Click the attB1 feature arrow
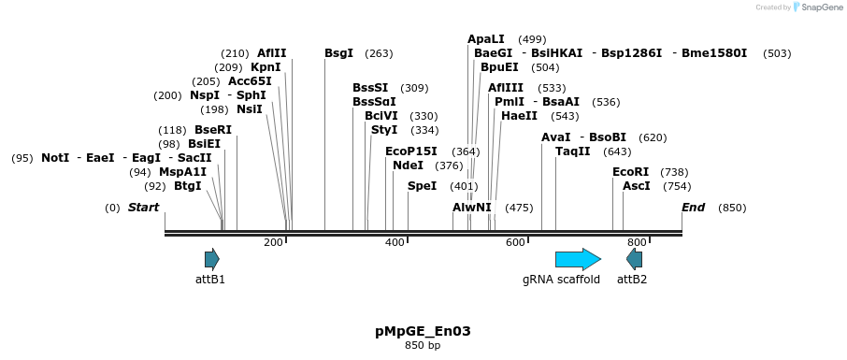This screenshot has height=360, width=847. pos(212,259)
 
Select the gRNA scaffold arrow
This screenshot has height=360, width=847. pos(578,259)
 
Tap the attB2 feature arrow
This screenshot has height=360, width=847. pos(635,259)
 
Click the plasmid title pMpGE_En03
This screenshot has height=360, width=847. pos(423,331)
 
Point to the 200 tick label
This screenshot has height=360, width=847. pos(273,242)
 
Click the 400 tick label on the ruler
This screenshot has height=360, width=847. pos(395,242)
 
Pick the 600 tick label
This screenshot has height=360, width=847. pos(515,242)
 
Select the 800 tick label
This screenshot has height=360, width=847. pos(637,242)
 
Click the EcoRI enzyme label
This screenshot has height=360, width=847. pos(630,172)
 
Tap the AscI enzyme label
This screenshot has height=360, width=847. pos(637,186)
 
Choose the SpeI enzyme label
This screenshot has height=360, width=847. pos(422,186)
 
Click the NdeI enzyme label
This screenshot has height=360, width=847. pos(408,166)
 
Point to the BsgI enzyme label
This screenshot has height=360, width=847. pos(338,53)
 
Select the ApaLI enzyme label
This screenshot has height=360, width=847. pos(486,39)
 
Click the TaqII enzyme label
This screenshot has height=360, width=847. pos(573,151)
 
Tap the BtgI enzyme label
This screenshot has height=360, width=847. pos(188,186)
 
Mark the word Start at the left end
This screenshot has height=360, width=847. pos(143,208)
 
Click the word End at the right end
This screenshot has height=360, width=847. pos(693,208)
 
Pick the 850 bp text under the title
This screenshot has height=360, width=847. pos(423,346)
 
